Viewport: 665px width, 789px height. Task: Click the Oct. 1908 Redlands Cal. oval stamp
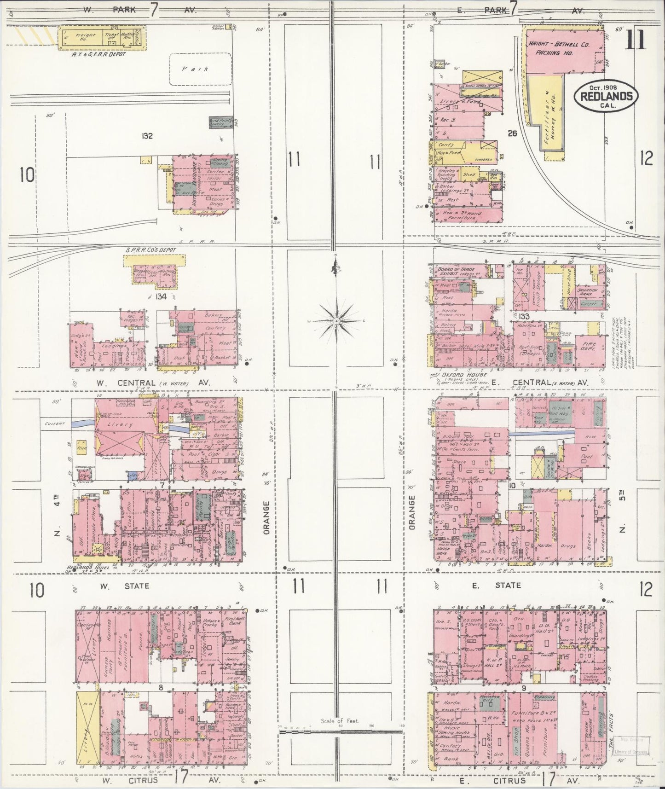(x=605, y=96)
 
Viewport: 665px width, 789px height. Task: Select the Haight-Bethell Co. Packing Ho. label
(x=559, y=46)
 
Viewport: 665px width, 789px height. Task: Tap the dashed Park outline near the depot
(x=200, y=69)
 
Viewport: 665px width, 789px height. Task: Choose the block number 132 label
(x=147, y=136)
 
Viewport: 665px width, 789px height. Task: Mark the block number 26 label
(x=512, y=133)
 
